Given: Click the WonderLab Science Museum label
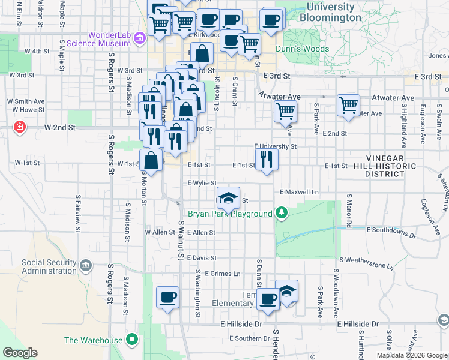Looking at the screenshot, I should [x=99, y=39].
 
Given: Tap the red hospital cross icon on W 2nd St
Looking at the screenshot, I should [x=20, y=128].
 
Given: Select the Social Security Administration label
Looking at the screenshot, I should [x=49, y=266].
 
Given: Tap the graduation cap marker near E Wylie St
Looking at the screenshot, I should [x=228, y=199].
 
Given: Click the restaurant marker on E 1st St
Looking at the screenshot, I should [x=267, y=160].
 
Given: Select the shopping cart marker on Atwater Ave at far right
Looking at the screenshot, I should [x=348, y=106].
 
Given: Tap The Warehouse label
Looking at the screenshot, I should [x=93, y=341].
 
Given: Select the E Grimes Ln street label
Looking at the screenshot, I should [x=222, y=273].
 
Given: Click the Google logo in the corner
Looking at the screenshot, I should [x=20, y=353].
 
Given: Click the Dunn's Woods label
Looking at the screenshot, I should [x=302, y=49].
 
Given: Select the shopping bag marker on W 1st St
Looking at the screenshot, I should [x=151, y=161].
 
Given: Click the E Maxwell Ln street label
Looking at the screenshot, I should [x=299, y=192].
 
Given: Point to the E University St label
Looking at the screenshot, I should [x=275, y=146].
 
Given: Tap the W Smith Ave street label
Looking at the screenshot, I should [x=25, y=101].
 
